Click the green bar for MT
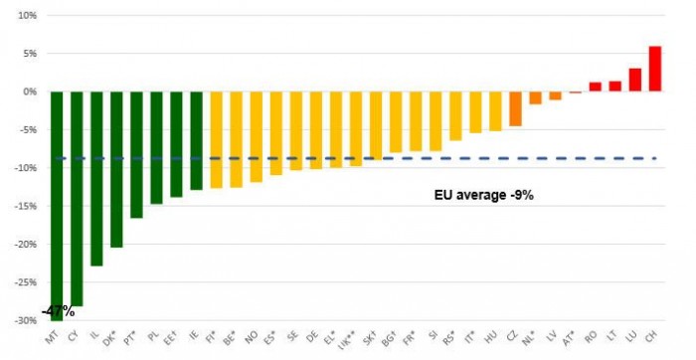pos(57,199)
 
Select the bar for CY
pos(78,198)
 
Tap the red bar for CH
pos(654,69)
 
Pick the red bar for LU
pos(634,80)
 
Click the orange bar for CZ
pos(515,108)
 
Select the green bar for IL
pos(97,178)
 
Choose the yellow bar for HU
pos(495,111)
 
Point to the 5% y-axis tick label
pos(27,54)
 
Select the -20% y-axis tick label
pos(23,245)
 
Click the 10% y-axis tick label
pos(25,16)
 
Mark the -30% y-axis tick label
pos(23,321)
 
